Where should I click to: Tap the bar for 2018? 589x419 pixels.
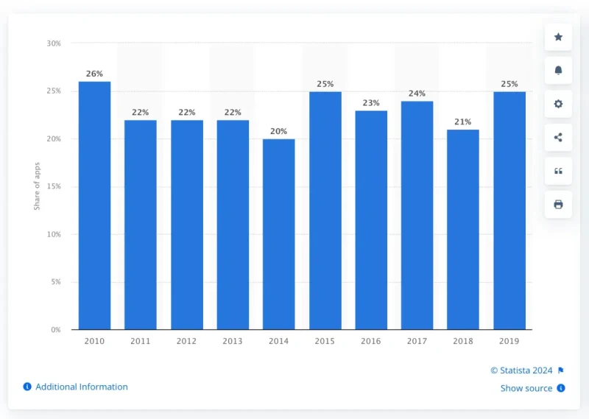[x=462, y=229]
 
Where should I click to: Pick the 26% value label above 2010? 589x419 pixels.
[x=94, y=74]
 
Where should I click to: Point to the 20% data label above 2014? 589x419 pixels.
[x=278, y=131]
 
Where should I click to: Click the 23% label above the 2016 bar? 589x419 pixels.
[x=371, y=103]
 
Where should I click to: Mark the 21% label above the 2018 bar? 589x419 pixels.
[x=462, y=122]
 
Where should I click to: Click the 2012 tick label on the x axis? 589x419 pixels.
[x=186, y=341]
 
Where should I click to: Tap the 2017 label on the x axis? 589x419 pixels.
[x=417, y=341]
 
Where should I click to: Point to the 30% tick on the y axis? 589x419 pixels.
[x=54, y=43]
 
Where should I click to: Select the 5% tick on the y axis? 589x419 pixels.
[x=55, y=282]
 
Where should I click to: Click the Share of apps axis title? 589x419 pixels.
[x=37, y=186]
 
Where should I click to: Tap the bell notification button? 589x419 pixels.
[x=558, y=70]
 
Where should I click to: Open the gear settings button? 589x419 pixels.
[x=558, y=104]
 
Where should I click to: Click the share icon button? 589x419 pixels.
[x=558, y=137]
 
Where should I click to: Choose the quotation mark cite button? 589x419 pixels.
[x=558, y=171]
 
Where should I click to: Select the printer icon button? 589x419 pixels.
[x=558, y=204]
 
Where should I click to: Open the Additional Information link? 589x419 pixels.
[x=81, y=387]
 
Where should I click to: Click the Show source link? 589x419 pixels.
[x=526, y=388]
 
